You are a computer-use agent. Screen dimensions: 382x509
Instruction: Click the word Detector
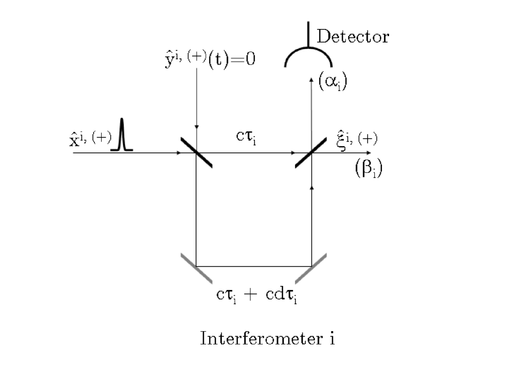pyautogui.click(x=353, y=37)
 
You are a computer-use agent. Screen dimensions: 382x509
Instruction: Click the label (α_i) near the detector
pyautogui.click(x=333, y=82)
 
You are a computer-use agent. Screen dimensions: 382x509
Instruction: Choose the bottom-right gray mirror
pyautogui.click(x=311, y=266)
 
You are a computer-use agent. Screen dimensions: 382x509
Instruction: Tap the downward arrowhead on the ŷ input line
pyautogui.click(x=197, y=127)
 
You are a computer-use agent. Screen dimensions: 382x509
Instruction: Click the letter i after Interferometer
pyautogui.click(x=331, y=338)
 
